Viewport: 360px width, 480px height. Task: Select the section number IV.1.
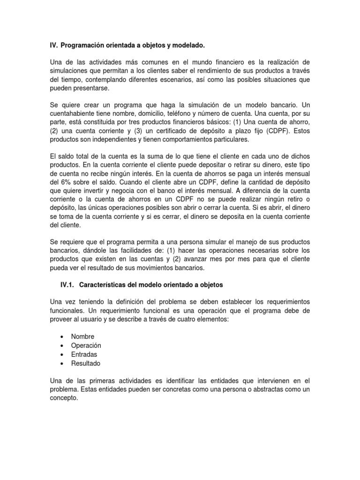pos(69,285)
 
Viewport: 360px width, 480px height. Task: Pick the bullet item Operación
pos(86,345)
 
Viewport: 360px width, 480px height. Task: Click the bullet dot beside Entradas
pos(62,354)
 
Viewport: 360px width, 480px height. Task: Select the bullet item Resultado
pos(85,363)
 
